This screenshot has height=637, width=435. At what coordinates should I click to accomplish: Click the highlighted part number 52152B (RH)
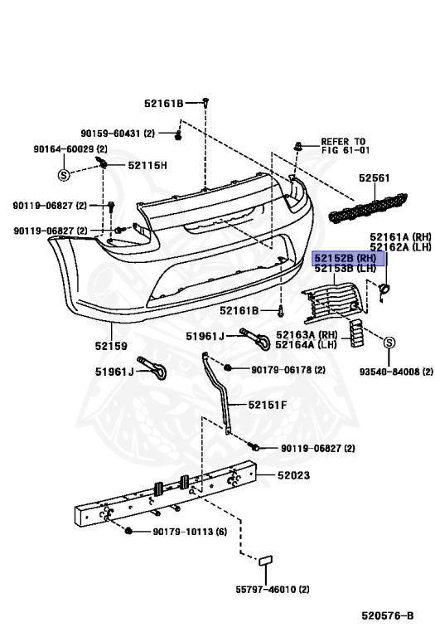(x=346, y=258)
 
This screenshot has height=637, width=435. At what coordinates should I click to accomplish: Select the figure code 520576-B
(x=388, y=616)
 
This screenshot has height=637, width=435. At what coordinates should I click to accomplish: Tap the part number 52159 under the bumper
(x=111, y=346)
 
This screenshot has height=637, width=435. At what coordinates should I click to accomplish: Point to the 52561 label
(x=374, y=178)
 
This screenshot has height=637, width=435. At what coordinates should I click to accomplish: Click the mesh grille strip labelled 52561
(x=368, y=208)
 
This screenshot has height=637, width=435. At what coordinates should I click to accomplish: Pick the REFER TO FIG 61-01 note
(x=346, y=146)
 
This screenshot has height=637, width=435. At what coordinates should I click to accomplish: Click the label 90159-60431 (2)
(x=118, y=134)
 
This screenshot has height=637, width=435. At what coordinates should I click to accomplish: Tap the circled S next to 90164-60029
(x=64, y=176)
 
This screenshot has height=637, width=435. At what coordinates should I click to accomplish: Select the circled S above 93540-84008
(x=389, y=343)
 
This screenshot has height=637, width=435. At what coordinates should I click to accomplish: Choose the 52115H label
(x=147, y=165)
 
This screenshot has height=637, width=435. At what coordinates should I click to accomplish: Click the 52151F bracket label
(x=268, y=405)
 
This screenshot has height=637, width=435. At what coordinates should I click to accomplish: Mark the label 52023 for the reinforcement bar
(x=293, y=475)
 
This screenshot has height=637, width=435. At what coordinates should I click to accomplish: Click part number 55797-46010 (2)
(x=273, y=589)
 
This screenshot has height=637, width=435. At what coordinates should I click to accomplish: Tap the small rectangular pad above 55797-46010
(x=266, y=561)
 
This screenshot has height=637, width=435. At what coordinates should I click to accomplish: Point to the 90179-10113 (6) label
(x=190, y=532)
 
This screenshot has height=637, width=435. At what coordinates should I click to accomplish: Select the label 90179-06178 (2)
(x=288, y=370)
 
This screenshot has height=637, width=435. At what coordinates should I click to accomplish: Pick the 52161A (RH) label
(x=400, y=237)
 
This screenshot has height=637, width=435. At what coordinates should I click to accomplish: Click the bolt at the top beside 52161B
(x=205, y=103)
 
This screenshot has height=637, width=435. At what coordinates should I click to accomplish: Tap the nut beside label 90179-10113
(x=129, y=531)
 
